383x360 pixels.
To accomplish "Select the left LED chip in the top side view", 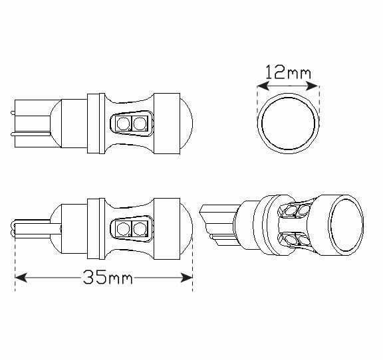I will [x=124, y=124].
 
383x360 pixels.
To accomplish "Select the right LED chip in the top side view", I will [x=140, y=124].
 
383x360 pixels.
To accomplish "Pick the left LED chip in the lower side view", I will [x=124, y=230].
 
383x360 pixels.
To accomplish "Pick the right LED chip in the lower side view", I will [x=140, y=230].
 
